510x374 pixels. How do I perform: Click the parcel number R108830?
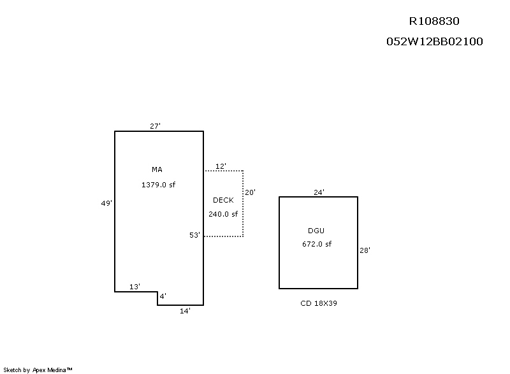point(434,21)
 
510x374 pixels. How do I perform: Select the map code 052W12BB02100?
point(434,42)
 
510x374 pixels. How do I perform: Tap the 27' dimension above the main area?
point(155,126)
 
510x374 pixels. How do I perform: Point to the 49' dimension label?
point(106,203)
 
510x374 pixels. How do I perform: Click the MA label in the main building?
point(157,169)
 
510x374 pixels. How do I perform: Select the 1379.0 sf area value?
point(158,185)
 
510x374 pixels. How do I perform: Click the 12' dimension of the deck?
point(221,166)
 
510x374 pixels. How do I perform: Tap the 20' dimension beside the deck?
point(251,192)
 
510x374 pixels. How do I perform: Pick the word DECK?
point(223,200)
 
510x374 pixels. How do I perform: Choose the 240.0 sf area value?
point(223,215)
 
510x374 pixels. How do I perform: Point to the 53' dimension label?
point(195,235)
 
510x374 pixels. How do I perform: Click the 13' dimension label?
point(135,287)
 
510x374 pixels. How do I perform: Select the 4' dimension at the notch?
point(163,296)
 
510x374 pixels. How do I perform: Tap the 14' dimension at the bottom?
point(185,311)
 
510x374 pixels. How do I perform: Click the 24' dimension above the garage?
point(319,192)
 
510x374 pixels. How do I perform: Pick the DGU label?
point(317,230)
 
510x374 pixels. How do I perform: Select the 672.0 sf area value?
point(317,244)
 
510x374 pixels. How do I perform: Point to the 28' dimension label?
point(365,251)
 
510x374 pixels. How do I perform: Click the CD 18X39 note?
point(319,303)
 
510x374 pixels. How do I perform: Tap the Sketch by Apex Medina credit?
point(38,370)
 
